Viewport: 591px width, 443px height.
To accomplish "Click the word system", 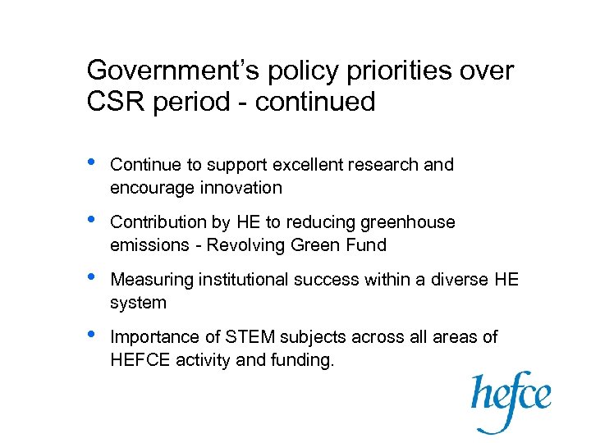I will pos(138,303).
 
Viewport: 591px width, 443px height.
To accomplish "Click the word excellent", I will pos(311,165).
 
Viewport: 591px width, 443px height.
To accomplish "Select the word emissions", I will pos(149,245).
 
